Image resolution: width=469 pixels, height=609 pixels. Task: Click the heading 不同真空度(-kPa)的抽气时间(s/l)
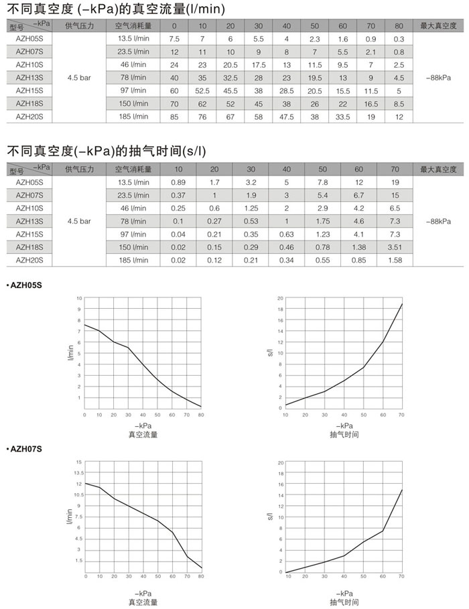point(110,151)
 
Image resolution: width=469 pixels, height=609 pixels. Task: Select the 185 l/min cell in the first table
point(133,117)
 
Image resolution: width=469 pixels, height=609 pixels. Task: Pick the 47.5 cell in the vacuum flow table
point(287,117)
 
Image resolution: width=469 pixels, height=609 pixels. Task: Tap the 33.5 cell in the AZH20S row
point(343,117)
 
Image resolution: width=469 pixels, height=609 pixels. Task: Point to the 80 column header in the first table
point(399,26)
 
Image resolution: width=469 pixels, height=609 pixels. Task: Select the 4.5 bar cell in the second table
point(79,220)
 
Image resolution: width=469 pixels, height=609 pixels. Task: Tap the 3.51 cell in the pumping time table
point(395,247)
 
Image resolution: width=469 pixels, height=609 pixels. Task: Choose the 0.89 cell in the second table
point(178,182)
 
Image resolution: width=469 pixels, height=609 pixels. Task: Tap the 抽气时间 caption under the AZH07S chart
point(344,602)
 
